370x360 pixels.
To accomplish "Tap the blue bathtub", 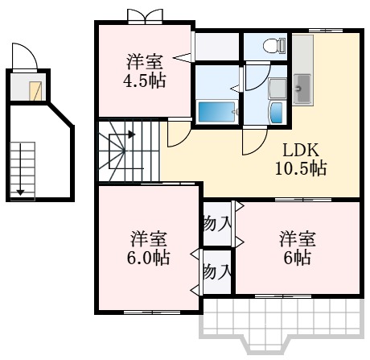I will (x=216, y=111).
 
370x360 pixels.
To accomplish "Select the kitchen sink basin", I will (x=304, y=85).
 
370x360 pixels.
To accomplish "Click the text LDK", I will (x=302, y=151).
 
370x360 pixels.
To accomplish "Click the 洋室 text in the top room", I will (x=145, y=61).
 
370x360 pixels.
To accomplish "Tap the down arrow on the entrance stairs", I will (x=22, y=191).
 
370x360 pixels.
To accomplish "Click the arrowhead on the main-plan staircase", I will (x=129, y=135).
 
